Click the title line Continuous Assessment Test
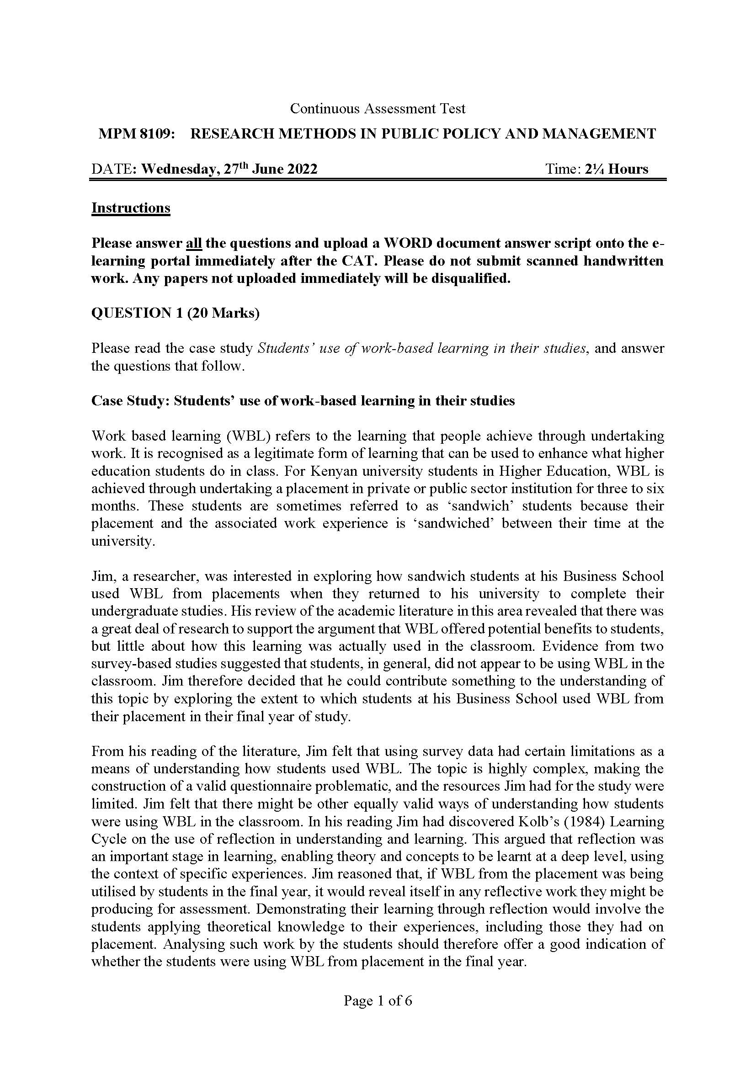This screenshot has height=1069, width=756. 378,108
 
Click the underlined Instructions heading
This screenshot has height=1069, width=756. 131,207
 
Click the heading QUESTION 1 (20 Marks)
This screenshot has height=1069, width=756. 176,313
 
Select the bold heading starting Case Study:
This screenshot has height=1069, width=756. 303,401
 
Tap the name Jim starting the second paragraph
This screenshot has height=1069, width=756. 101,576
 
